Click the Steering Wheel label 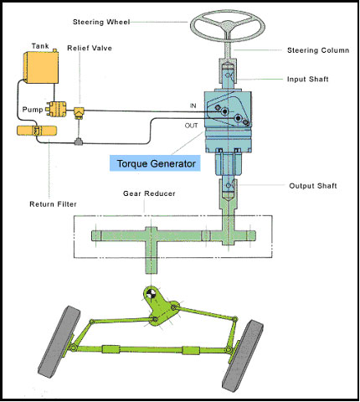(x=101, y=22)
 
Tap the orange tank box (x=42, y=67)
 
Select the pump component (x=57, y=109)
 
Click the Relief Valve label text (x=90, y=48)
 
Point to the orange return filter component (x=37, y=131)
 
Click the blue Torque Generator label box (x=155, y=163)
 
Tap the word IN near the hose (x=193, y=106)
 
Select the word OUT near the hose (x=191, y=126)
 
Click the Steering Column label (x=318, y=50)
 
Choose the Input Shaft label (x=308, y=80)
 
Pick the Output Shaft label (x=313, y=186)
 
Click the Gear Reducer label (x=149, y=193)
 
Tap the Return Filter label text (x=53, y=204)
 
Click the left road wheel (x=59, y=342)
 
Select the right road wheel (x=243, y=356)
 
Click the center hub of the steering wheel (x=228, y=26)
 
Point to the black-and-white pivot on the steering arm (x=152, y=293)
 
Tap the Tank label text (x=40, y=46)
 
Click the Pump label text (x=33, y=110)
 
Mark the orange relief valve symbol (x=79, y=112)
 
